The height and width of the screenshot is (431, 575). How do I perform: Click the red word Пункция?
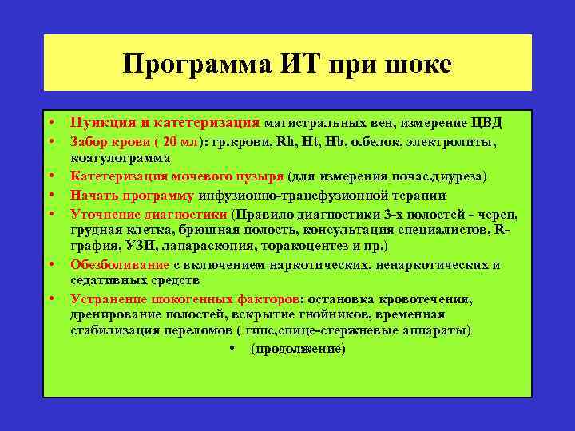click(99, 123)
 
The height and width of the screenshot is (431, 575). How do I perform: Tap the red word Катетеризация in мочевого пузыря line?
click(119, 176)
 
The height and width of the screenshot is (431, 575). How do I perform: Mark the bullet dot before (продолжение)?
click(230, 349)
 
